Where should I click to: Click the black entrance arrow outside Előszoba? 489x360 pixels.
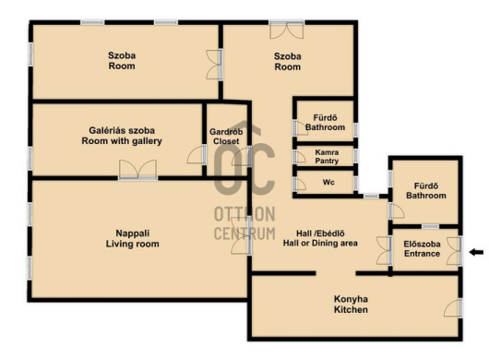(476, 252)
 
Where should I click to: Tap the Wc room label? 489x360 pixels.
(328, 182)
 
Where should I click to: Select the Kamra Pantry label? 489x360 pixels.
(327, 157)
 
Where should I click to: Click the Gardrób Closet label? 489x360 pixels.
(226, 137)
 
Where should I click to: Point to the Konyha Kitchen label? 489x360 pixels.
(351, 305)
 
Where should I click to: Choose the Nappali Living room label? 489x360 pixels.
(133, 238)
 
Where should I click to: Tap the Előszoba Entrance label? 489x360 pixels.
(422, 248)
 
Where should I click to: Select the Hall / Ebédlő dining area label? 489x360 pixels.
(320, 238)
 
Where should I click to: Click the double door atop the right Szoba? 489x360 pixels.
(287, 30)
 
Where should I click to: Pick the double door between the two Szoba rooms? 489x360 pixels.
(214, 65)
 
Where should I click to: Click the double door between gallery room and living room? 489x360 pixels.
(137, 170)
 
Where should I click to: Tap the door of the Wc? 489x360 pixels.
(300, 184)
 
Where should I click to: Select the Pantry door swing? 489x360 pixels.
(300, 157)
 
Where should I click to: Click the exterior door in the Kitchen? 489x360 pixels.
(453, 308)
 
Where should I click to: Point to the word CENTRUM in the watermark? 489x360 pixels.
(244, 234)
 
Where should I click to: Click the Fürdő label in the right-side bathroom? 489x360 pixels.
(426, 186)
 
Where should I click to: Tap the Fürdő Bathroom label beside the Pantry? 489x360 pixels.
(326, 123)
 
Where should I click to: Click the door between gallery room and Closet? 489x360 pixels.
(197, 155)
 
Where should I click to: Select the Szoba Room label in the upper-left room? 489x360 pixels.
(122, 61)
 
